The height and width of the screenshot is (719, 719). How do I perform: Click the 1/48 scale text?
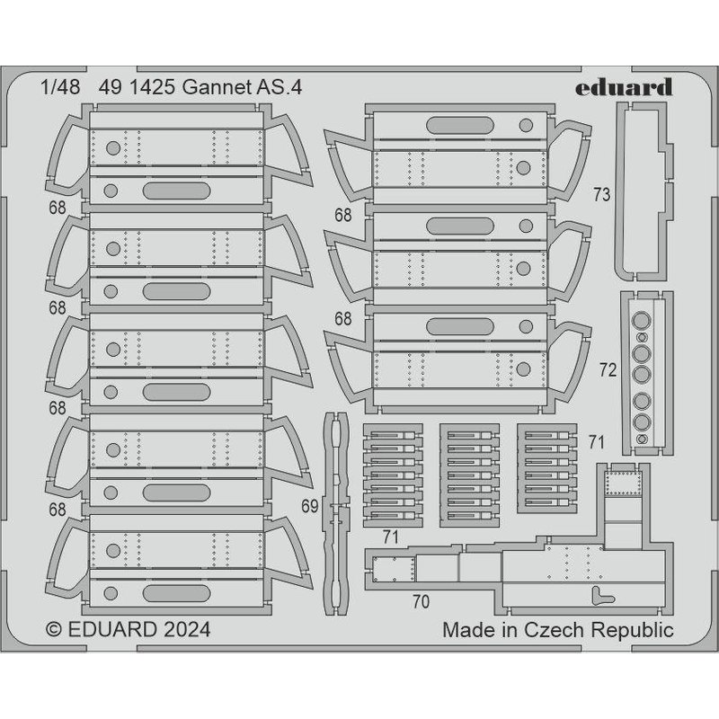(58, 89)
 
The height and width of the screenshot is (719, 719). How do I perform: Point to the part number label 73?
(602, 193)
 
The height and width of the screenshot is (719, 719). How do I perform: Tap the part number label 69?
(310, 507)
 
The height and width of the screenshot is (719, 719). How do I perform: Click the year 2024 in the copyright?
(183, 629)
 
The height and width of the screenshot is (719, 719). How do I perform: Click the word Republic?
(637, 629)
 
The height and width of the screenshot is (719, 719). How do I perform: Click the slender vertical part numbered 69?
(336, 508)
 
